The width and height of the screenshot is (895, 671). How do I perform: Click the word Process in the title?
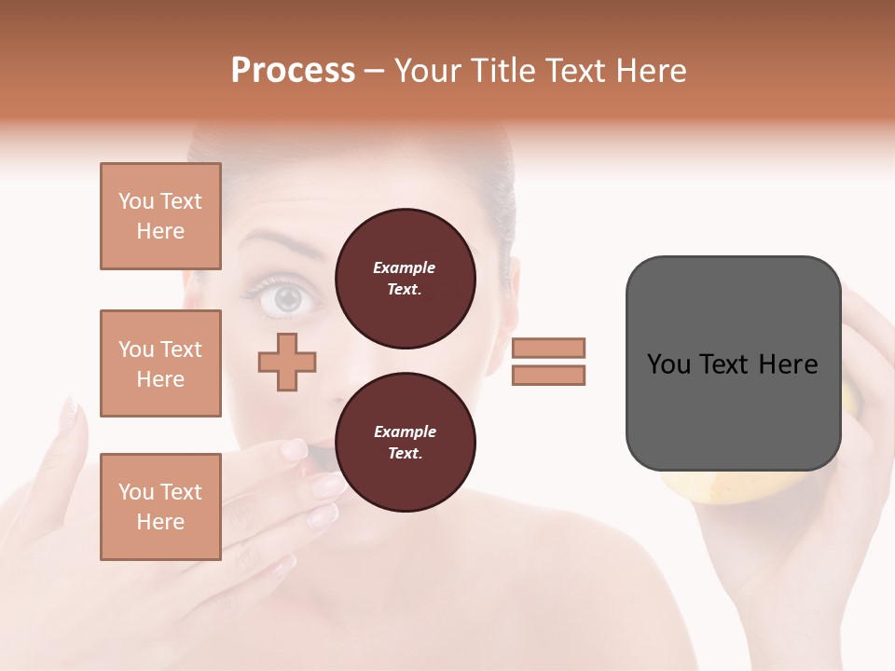click(x=293, y=71)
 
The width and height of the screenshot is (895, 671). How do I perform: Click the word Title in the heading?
click(x=501, y=71)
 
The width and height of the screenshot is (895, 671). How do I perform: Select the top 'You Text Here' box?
click(x=160, y=216)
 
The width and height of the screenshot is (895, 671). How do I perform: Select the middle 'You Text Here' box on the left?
click(x=160, y=363)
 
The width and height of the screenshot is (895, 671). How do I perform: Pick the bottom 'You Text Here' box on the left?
click(x=160, y=506)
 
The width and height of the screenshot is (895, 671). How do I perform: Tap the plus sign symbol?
click(x=287, y=362)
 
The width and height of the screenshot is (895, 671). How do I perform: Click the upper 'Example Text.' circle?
click(x=405, y=279)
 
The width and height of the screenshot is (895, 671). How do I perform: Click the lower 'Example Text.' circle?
click(x=405, y=443)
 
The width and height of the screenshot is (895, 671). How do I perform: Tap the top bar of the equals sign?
click(x=548, y=348)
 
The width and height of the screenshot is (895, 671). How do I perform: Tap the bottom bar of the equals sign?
click(x=548, y=376)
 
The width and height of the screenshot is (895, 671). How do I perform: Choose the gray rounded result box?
click(x=732, y=363)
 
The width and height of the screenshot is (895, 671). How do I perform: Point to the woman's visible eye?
click(x=287, y=298)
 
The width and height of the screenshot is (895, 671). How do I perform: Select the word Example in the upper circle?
click(x=405, y=267)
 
